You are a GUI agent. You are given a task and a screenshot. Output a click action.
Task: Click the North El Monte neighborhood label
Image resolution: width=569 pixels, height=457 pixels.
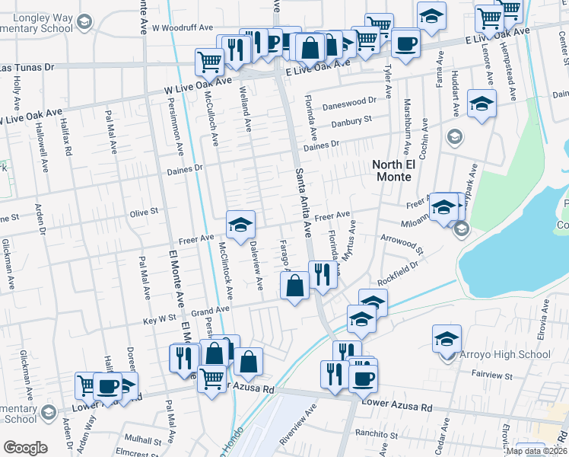click(x=392, y=171)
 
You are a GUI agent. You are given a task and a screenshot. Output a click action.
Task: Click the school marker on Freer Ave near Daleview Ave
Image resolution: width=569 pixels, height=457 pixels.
click(x=240, y=225)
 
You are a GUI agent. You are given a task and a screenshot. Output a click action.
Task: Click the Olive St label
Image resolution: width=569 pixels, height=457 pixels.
click(x=143, y=213)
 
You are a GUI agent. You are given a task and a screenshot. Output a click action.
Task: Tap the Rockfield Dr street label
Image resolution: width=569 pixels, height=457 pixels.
click(x=398, y=273)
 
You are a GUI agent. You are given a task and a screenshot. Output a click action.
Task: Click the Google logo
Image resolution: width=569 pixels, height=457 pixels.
click(x=25, y=448)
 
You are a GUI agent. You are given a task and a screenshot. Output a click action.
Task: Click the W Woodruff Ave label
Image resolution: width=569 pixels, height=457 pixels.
click(x=183, y=27)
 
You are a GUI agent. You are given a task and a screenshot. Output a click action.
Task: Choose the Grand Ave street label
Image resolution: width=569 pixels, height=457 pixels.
click(x=210, y=311)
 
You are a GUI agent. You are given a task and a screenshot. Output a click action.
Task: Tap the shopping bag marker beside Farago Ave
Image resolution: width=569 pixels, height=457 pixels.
click(x=295, y=286)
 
